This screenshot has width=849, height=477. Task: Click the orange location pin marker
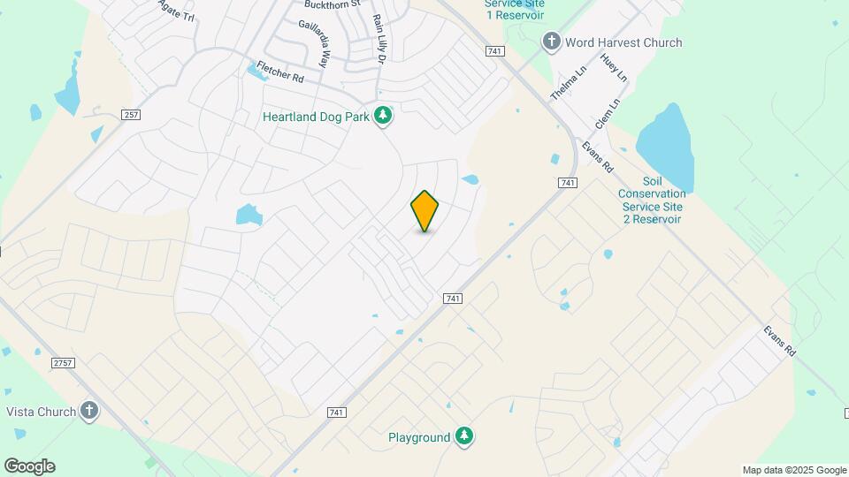click(425, 211)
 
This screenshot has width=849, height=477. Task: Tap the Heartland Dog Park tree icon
click(383, 117)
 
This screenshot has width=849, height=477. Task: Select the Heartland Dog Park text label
click(315, 117)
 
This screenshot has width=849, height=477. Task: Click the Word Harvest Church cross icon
click(552, 42)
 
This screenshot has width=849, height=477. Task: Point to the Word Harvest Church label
click(624, 42)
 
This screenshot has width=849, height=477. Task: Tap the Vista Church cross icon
click(88, 411)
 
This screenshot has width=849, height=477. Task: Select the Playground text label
click(419, 438)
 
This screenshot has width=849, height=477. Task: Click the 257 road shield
click(131, 116)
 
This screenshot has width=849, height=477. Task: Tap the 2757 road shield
click(63, 364)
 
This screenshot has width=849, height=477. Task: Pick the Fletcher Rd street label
click(280, 72)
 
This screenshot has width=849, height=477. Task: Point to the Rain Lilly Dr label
click(380, 39)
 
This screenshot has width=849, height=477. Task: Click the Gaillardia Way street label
click(313, 44)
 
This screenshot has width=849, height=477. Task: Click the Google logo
click(29, 466)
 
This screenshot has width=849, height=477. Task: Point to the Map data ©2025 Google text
click(794, 470)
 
